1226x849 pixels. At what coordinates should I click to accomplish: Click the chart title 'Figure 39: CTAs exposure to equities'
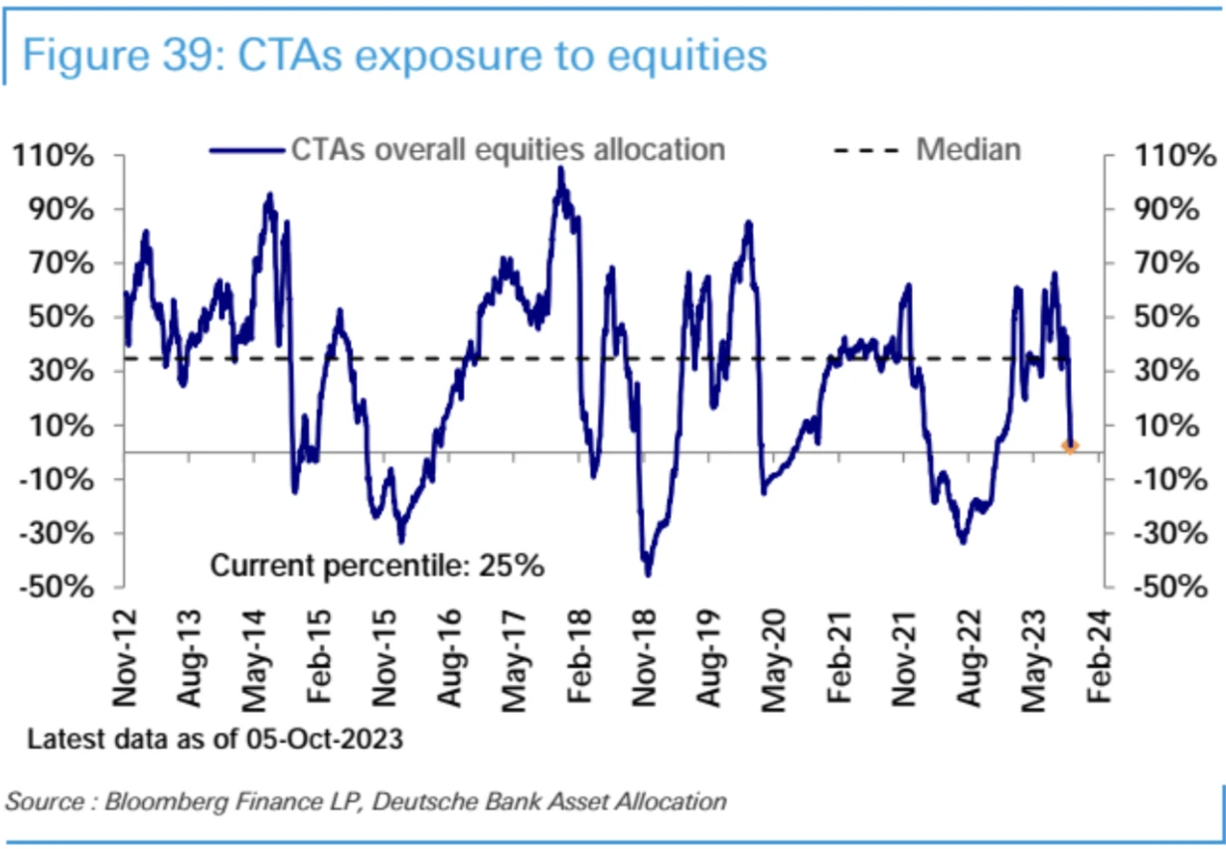click(394, 55)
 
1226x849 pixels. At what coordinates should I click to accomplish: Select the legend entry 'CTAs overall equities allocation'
click(507, 150)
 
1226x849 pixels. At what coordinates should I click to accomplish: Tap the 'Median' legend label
click(968, 150)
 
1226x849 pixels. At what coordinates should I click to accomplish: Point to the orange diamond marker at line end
click(1070, 446)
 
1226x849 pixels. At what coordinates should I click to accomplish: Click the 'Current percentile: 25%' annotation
click(378, 566)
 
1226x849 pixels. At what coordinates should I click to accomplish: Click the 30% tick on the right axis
click(1164, 372)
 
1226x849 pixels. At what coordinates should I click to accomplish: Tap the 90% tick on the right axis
click(1164, 210)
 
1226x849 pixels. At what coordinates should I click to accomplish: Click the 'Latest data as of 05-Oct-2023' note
click(214, 741)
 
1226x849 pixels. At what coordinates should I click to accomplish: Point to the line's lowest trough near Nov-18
click(648, 575)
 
